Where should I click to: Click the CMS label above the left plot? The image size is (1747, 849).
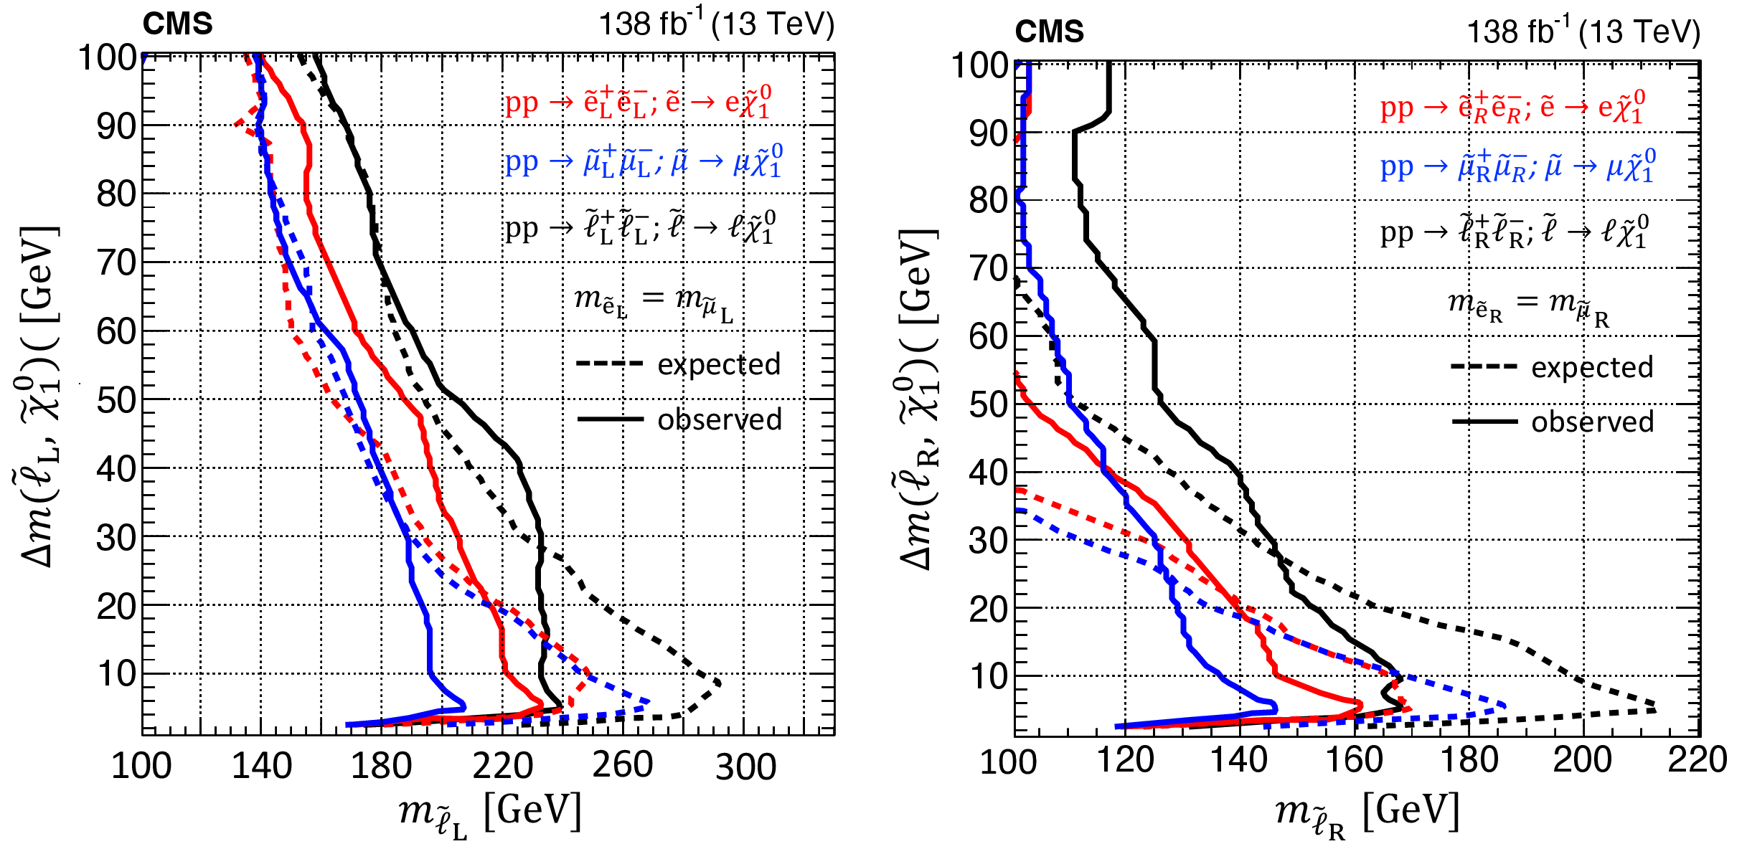click(x=177, y=24)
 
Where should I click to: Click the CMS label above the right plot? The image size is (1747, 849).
click(x=1049, y=32)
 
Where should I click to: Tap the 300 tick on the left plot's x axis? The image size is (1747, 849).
click(x=745, y=767)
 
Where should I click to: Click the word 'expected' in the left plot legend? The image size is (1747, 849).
click(x=719, y=364)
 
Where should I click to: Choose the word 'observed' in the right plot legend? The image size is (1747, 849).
click(x=1593, y=422)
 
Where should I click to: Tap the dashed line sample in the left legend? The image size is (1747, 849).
click(x=609, y=364)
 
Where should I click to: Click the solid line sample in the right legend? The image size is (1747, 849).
click(x=1484, y=422)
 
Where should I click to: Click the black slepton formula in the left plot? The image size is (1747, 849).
click(x=640, y=227)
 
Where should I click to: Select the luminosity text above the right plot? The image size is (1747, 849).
click(x=1583, y=32)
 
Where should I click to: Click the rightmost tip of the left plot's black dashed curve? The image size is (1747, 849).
click(x=719, y=683)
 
